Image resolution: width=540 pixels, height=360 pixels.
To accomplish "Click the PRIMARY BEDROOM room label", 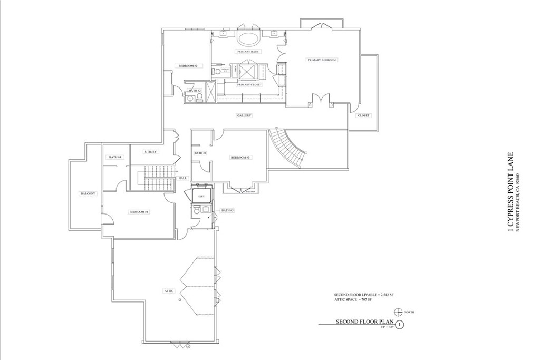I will coord(322,60).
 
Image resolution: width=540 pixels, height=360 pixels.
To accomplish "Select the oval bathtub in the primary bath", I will coord(247,38).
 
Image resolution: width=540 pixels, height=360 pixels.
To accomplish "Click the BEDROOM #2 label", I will coord(188,66).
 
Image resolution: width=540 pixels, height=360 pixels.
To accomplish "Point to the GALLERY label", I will coord(244,115).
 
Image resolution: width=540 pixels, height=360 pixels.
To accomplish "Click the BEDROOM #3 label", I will coord(240,158).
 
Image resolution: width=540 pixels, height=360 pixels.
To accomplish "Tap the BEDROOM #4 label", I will coord(139,211).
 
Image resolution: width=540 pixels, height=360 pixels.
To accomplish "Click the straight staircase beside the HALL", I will coord(158,180).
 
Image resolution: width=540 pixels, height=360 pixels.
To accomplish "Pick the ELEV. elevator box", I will coord(201,196).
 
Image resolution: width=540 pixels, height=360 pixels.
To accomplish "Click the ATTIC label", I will coord(169,290).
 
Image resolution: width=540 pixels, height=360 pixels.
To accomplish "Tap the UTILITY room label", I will coord(151,152).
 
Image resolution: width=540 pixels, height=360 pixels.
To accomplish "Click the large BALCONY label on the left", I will coord(88,193).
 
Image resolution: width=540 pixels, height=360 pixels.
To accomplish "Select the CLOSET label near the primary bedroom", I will coord(363,115).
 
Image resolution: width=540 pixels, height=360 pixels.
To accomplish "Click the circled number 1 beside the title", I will coord(400,325).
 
